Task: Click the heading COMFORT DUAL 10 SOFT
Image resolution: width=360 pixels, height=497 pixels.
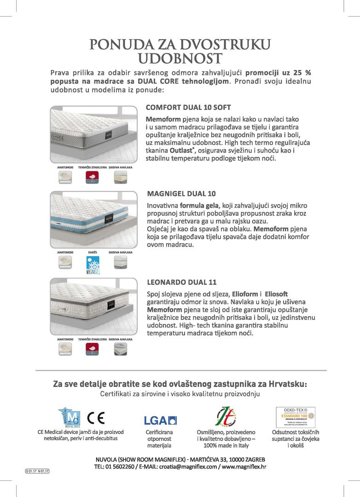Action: (188, 108)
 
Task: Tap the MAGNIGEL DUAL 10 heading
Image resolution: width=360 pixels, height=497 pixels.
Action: (181, 193)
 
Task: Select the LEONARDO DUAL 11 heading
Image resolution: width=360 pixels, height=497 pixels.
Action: (181, 282)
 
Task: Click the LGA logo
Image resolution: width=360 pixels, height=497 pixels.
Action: (160, 420)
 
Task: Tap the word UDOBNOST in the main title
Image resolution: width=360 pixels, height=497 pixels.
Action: (180, 59)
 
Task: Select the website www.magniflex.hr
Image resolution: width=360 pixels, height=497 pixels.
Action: (244, 466)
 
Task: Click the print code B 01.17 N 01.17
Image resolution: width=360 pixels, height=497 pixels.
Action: (37, 471)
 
